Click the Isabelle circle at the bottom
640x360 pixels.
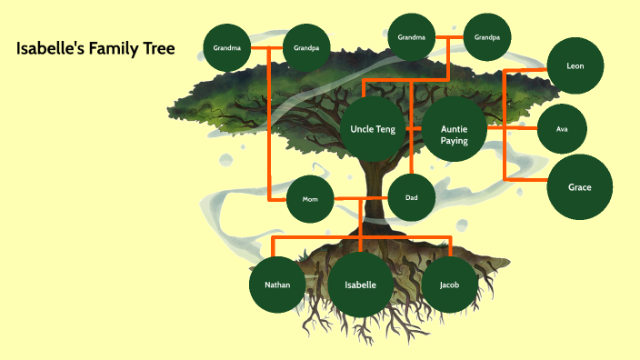coord(361,285)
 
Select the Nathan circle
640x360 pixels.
coord(277,285)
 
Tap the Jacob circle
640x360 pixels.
coord(449,285)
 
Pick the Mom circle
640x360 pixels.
coord(310,199)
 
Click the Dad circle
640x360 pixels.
coord(412,196)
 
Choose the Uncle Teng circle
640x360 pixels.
coord(373,129)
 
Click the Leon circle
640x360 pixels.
coord(575,66)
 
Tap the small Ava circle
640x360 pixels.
coord(562,129)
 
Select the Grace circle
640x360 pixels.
coord(580,187)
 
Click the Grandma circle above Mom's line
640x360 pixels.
coord(226,47)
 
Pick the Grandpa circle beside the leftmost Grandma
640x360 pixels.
coord(306,47)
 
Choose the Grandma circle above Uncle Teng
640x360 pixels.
coord(412,38)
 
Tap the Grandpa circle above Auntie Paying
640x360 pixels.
coord(488,38)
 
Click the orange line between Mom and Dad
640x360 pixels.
coord(361,198)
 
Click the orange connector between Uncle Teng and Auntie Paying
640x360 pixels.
coord(414,129)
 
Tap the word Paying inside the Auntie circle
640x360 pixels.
coord(455,141)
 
